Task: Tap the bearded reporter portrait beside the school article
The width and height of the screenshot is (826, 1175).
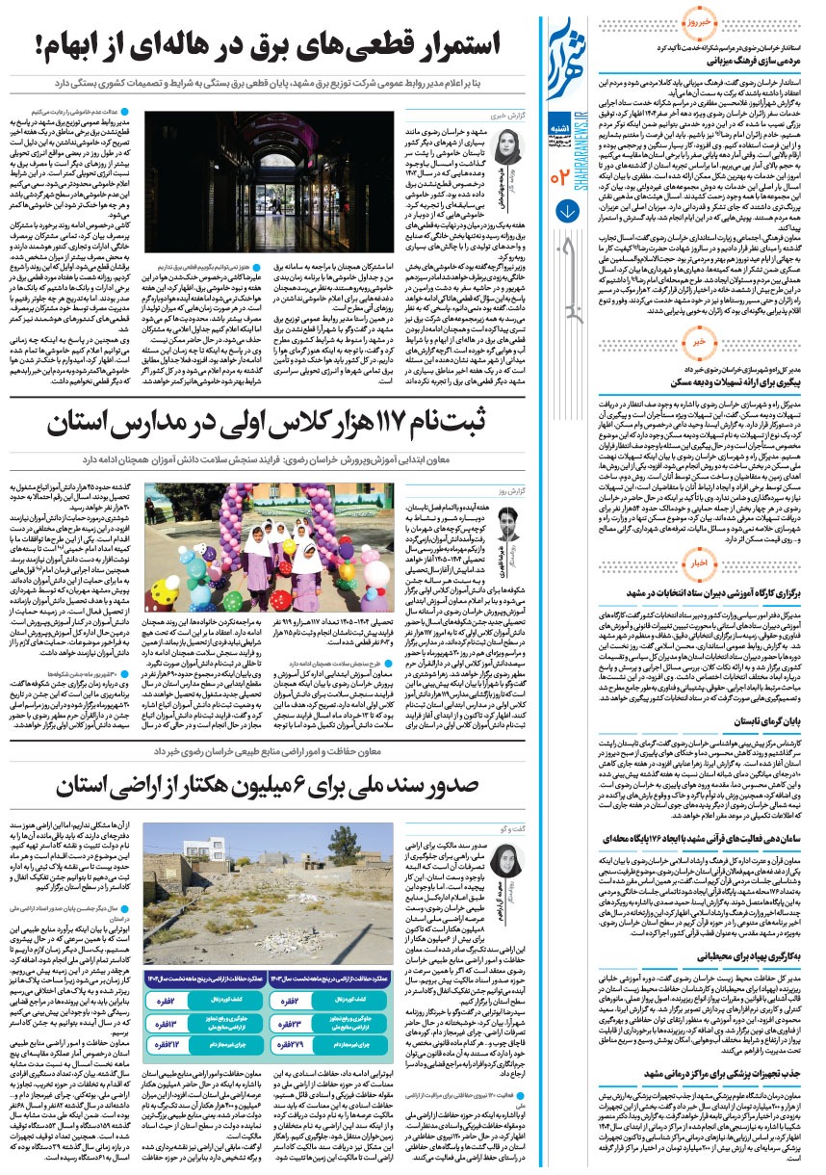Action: pos(509,529)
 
